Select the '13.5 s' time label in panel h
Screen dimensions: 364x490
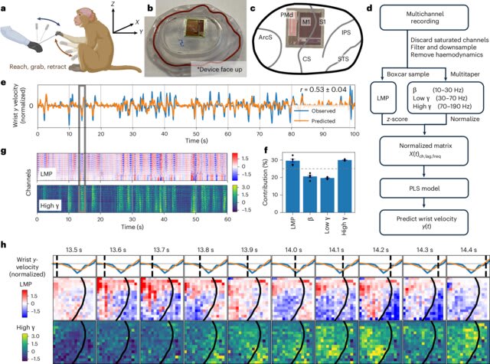(x=73, y=248)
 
